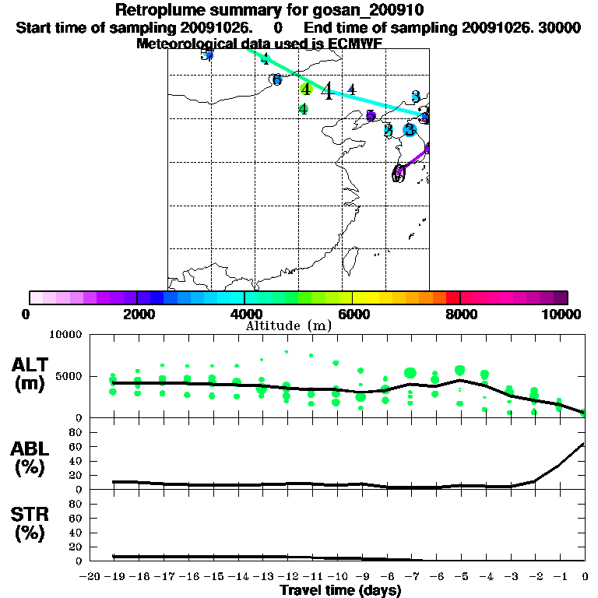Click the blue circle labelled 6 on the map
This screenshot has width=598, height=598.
(276, 79)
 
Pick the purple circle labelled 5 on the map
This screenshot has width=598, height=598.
(371, 116)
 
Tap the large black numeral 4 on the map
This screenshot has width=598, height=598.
(328, 92)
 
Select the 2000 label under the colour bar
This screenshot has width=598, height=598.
(137, 314)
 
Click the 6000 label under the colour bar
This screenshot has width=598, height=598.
(353, 314)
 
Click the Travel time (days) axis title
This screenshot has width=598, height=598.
(340, 590)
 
